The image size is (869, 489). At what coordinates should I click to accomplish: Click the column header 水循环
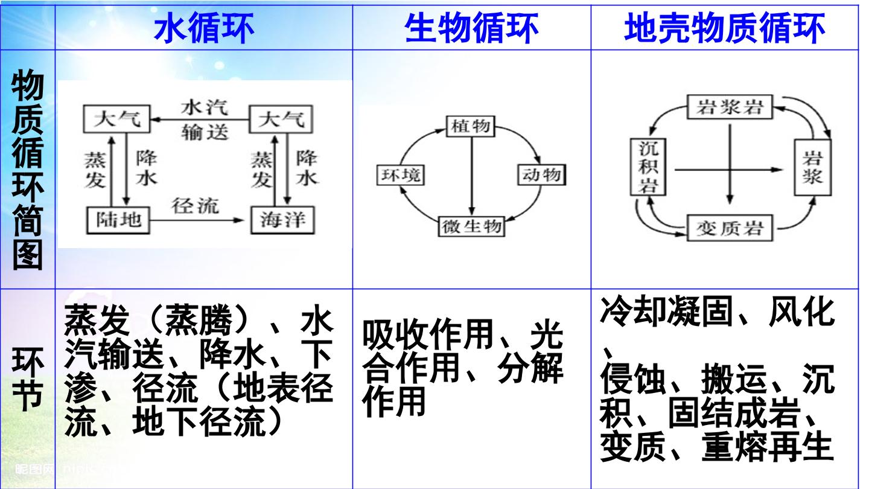[x=204, y=28]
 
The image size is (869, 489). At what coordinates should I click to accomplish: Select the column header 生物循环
[x=471, y=28]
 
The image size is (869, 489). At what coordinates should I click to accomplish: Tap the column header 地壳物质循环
[x=724, y=28]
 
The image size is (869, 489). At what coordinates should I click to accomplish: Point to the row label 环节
[x=28, y=379]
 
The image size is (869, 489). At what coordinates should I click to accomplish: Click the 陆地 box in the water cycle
[x=118, y=220]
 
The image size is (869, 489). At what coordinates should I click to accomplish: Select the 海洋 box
[x=282, y=220]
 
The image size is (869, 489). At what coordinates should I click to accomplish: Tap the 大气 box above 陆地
[x=117, y=119]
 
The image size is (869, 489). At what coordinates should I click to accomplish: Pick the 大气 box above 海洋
[x=281, y=119]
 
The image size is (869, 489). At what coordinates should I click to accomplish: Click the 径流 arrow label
[x=195, y=205]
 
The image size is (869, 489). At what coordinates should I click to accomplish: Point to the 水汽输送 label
[x=205, y=120]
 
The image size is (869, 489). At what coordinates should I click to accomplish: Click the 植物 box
[x=471, y=126]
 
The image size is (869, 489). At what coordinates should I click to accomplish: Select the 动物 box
[x=541, y=174]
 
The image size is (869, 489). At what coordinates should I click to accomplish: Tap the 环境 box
[x=401, y=174]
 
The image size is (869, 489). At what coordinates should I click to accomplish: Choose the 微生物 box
[x=472, y=226]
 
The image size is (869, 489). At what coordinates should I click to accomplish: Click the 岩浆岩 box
[x=730, y=107]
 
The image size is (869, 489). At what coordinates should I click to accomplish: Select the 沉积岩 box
[x=648, y=167]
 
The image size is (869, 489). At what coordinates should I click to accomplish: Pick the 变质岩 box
[x=730, y=229]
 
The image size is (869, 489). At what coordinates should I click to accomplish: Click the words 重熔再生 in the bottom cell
[x=768, y=446]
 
